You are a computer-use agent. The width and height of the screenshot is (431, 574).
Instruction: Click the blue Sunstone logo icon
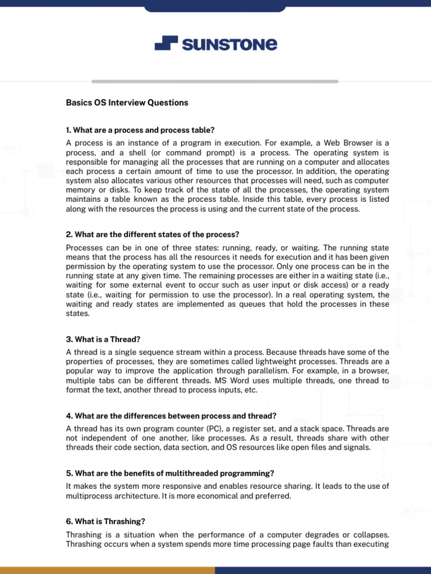[166, 43]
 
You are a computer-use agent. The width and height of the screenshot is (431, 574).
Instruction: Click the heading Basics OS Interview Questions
[127, 103]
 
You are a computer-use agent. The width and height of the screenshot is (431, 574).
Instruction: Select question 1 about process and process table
[140, 130]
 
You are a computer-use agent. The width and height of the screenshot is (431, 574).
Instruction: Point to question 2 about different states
[152, 234]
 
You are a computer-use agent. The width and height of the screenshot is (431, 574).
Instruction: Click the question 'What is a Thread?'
[103, 339]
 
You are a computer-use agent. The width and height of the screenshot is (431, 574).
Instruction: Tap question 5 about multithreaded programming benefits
[170, 473]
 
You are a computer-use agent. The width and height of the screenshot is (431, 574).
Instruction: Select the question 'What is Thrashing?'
[106, 521]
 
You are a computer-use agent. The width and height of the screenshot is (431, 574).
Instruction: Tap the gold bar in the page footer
[107, 570]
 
